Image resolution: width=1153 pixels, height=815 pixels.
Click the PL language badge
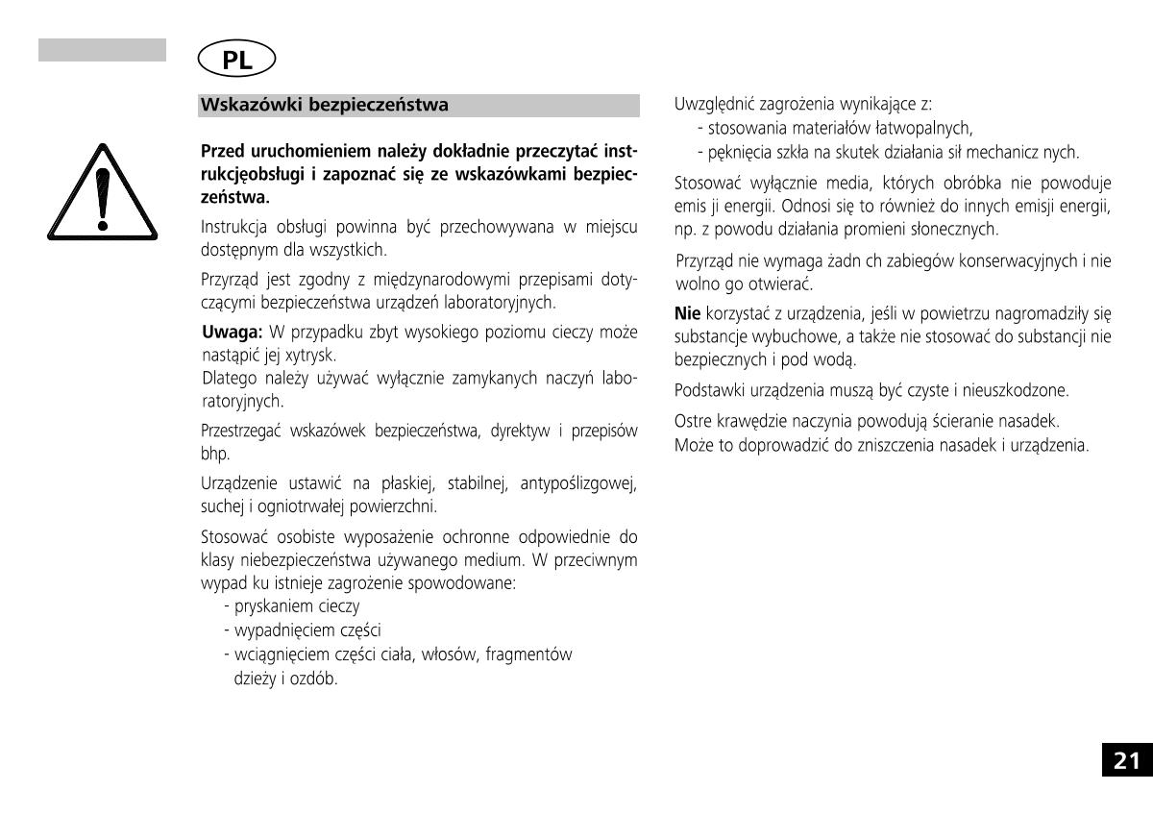(x=236, y=60)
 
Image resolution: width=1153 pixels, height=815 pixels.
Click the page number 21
(x=1126, y=761)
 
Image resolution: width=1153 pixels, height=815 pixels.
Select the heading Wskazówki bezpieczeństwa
(x=324, y=106)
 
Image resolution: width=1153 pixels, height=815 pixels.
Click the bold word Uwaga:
(x=233, y=333)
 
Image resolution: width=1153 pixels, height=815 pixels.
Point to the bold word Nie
(x=688, y=313)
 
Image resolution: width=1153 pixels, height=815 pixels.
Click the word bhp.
(x=212, y=454)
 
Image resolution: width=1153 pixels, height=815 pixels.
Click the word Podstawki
(x=706, y=391)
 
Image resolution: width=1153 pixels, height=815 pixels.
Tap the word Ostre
(x=693, y=422)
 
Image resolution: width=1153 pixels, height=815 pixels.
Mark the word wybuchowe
(x=780, y=337)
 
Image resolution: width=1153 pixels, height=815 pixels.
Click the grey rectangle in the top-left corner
(x=102, y=50)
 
